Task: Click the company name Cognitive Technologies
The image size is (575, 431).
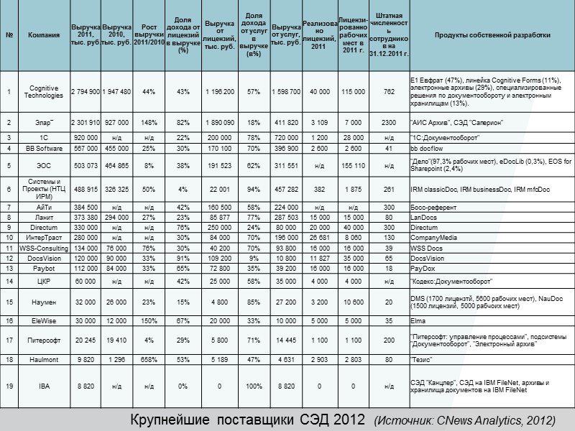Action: (44, 91)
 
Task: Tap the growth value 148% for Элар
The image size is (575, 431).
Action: (149, 124)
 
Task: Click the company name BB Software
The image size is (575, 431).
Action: (44, 149)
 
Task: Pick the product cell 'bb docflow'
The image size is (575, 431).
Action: (427, 149)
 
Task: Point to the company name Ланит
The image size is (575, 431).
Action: (44, 216)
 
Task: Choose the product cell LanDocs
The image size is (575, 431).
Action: (423, 216)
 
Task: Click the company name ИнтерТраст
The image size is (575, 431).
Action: (44, 237)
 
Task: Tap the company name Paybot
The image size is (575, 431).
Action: (44, 268)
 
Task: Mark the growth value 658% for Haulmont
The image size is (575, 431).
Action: (149, 359)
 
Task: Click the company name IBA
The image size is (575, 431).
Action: (44, 386)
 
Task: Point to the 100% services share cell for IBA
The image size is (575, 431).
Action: (253, 386)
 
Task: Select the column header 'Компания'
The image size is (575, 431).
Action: (44, 35)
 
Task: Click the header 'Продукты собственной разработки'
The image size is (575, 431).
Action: (492, 35)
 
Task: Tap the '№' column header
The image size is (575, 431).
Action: (9, 35)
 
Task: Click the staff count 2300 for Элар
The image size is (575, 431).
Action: (390, 124)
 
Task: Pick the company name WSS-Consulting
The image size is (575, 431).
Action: (44, 247)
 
